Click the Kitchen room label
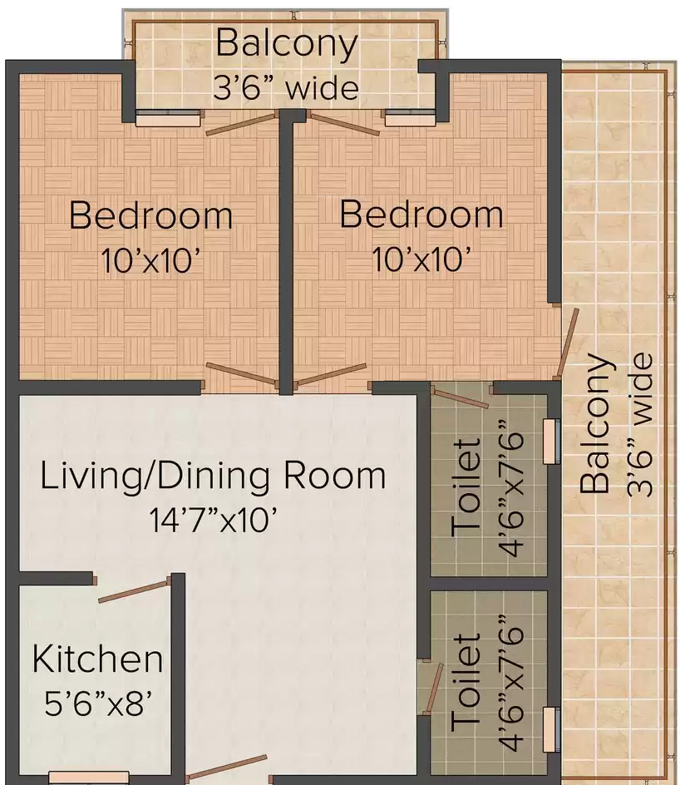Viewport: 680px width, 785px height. tap(97, 659)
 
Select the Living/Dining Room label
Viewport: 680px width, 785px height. tap(214, 476)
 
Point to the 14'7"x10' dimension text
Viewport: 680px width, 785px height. tap(213, 521)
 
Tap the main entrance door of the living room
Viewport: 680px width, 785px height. tap(227, 768)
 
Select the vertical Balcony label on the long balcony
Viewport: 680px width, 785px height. tap(597, 423)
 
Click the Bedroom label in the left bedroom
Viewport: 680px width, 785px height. tap(150, 215)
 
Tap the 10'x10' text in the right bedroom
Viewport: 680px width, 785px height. tap(421, 260)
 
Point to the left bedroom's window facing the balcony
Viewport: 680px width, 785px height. tap(168, 120)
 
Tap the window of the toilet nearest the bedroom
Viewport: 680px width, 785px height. tap(549, 441)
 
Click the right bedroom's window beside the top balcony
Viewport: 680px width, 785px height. tap(410, 120)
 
